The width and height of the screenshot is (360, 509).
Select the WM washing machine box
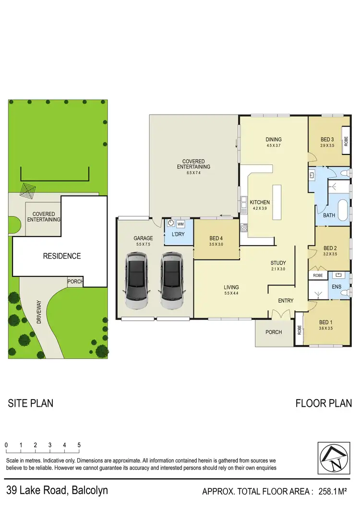180,224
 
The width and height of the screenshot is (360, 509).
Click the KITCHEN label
260,202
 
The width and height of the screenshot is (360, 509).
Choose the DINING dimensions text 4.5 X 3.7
274,146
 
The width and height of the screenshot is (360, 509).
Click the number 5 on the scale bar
79,445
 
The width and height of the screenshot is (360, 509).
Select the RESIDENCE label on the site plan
62,256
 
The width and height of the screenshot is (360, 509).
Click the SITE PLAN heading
31,403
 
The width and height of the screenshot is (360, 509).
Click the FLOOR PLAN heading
324,403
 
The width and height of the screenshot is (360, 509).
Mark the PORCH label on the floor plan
274,332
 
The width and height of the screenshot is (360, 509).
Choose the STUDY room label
278,263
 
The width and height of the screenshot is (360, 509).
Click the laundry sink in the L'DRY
170,224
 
